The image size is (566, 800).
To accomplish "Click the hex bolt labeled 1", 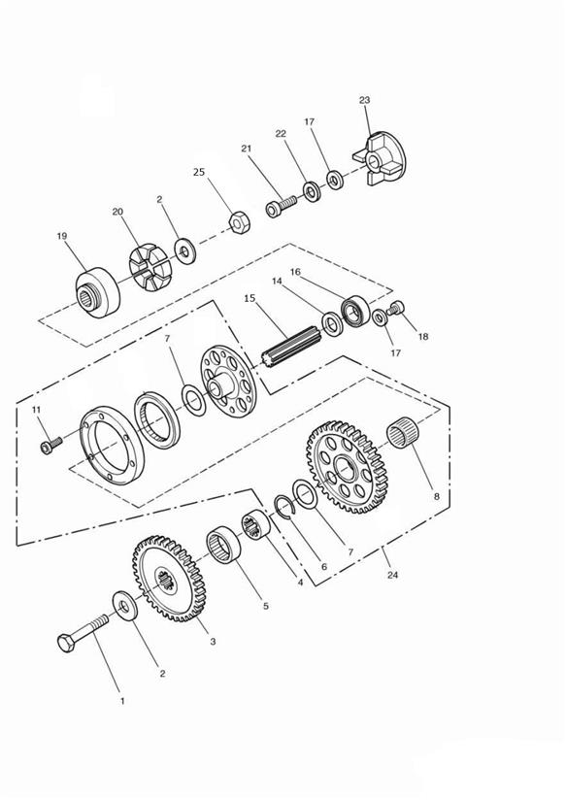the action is click(x=83, y=633).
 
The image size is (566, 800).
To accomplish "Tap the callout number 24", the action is click(x=392, y=575).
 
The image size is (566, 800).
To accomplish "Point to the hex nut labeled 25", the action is click(x=239, y=223).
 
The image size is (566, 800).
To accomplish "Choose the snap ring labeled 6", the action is click(x=283, y=507).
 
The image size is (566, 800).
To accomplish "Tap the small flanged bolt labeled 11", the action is click(x=51, y=445).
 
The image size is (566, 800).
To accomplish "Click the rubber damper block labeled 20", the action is click(x=150, y=267).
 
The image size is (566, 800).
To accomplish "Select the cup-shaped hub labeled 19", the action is click(x=97, y=292).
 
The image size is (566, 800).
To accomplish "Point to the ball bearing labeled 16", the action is click(x=355, y=311).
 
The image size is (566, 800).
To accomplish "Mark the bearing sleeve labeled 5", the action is click(x=223, y=545).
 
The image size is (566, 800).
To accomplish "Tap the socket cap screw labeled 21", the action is click(x=281, y=207).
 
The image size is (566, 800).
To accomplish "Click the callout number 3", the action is click(x=213, y=642).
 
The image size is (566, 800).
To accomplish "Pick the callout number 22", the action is click(x=281, y=134).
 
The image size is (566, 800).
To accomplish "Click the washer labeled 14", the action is click(x=333, y=324).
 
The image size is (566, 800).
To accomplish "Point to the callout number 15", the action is click(x=250, y=298).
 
